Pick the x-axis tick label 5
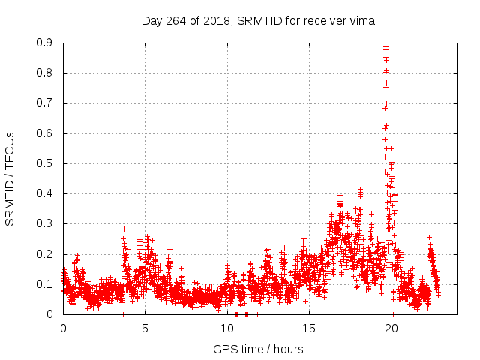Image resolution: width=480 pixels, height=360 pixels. (x=145, y=328)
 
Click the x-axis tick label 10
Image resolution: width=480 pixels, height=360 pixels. (x=228, y=328)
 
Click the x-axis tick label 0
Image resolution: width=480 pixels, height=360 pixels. (x=63, y=328)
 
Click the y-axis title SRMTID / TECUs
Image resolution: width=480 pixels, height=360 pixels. (x=10, y=178)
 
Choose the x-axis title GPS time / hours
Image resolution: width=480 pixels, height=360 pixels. (x=258, y=349)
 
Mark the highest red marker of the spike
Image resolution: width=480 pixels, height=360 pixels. (x=385, y=47)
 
